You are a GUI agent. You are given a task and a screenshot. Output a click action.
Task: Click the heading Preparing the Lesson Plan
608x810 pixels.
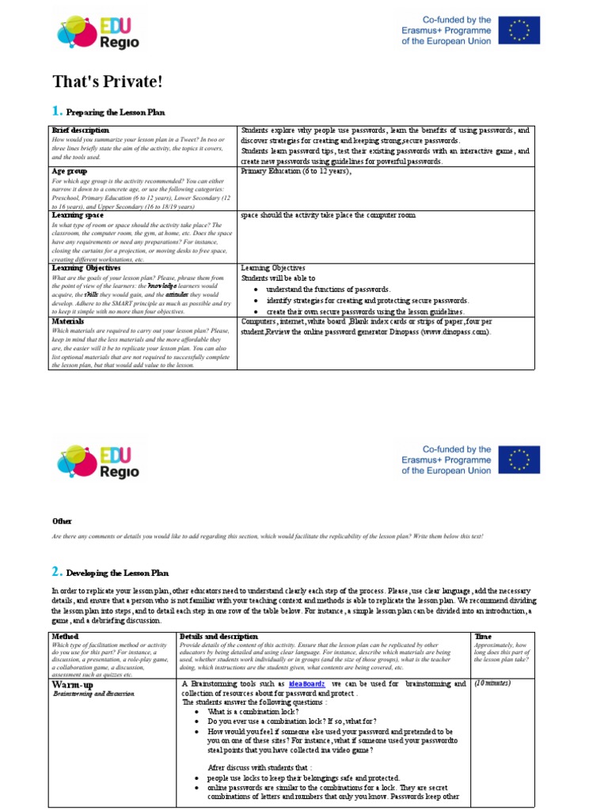pyautogui.click(x=116, y=113)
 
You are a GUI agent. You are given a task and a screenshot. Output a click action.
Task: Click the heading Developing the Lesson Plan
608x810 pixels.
pyautogui.click(x=117, y=572)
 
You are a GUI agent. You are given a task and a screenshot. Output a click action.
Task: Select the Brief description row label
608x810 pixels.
pyautogui.click(x=80, y=131)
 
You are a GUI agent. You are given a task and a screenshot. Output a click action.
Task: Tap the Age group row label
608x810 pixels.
pyautogui.click(x=70, y=171)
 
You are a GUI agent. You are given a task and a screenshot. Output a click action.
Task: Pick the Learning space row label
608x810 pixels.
pyautogui.click(x=78, y=214)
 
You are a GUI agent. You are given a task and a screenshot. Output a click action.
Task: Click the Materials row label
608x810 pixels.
pyautogui.click(x=68, y=322)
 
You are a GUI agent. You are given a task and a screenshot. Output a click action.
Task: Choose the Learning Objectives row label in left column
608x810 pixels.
pyautogui.click(x=86, y=268)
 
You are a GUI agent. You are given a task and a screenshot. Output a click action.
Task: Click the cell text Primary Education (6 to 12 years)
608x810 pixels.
pyautogui.click(x=294, y=171)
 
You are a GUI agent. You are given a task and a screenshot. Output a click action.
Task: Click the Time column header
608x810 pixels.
pyautogui.click(x=482, y=636)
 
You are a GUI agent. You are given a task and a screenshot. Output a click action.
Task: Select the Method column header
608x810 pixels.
pyautogui.click(x=65, y=636)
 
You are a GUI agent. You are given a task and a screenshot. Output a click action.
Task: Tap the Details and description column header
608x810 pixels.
pyautogui.click(x=218, y=636)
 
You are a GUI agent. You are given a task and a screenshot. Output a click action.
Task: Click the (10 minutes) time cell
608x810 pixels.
pyautogui.click(x=493, y=683)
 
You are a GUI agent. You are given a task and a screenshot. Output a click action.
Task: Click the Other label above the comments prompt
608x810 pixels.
pyautogui.click(x=62, y=521)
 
